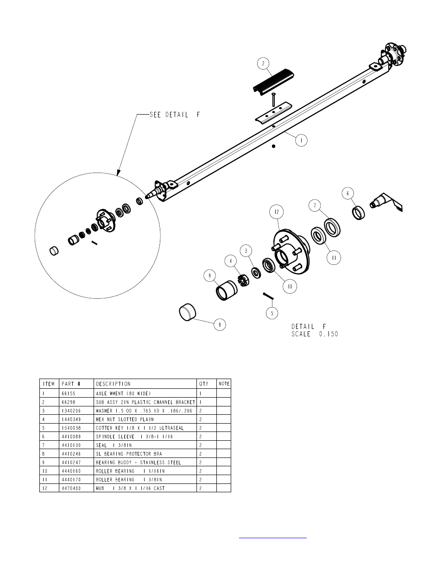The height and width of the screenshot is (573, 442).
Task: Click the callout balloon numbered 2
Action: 263,64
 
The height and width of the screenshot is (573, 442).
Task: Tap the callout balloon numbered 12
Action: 277,212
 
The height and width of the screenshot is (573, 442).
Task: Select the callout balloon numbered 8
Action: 220,325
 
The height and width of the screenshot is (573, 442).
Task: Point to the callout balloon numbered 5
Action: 272,313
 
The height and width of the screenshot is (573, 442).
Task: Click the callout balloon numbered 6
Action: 348,193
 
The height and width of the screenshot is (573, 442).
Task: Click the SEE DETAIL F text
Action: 175,115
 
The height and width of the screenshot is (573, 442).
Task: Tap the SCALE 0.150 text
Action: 315,334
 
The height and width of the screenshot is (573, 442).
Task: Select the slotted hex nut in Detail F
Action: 244,280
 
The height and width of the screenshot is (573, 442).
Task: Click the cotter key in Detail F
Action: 268,296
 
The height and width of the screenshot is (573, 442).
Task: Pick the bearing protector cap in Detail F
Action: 188,312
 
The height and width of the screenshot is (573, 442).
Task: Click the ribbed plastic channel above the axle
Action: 273,82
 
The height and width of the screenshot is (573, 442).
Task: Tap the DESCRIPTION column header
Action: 113,384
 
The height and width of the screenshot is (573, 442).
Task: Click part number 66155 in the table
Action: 69,393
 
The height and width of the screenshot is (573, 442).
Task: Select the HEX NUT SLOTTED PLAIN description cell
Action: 125,419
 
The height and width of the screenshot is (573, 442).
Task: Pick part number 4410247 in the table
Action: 71,462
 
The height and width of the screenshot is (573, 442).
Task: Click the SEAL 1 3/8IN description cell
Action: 114,445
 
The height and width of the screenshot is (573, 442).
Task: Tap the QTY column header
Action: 204,384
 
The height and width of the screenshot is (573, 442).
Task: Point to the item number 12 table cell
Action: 45,488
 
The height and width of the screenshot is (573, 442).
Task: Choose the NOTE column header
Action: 224,384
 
